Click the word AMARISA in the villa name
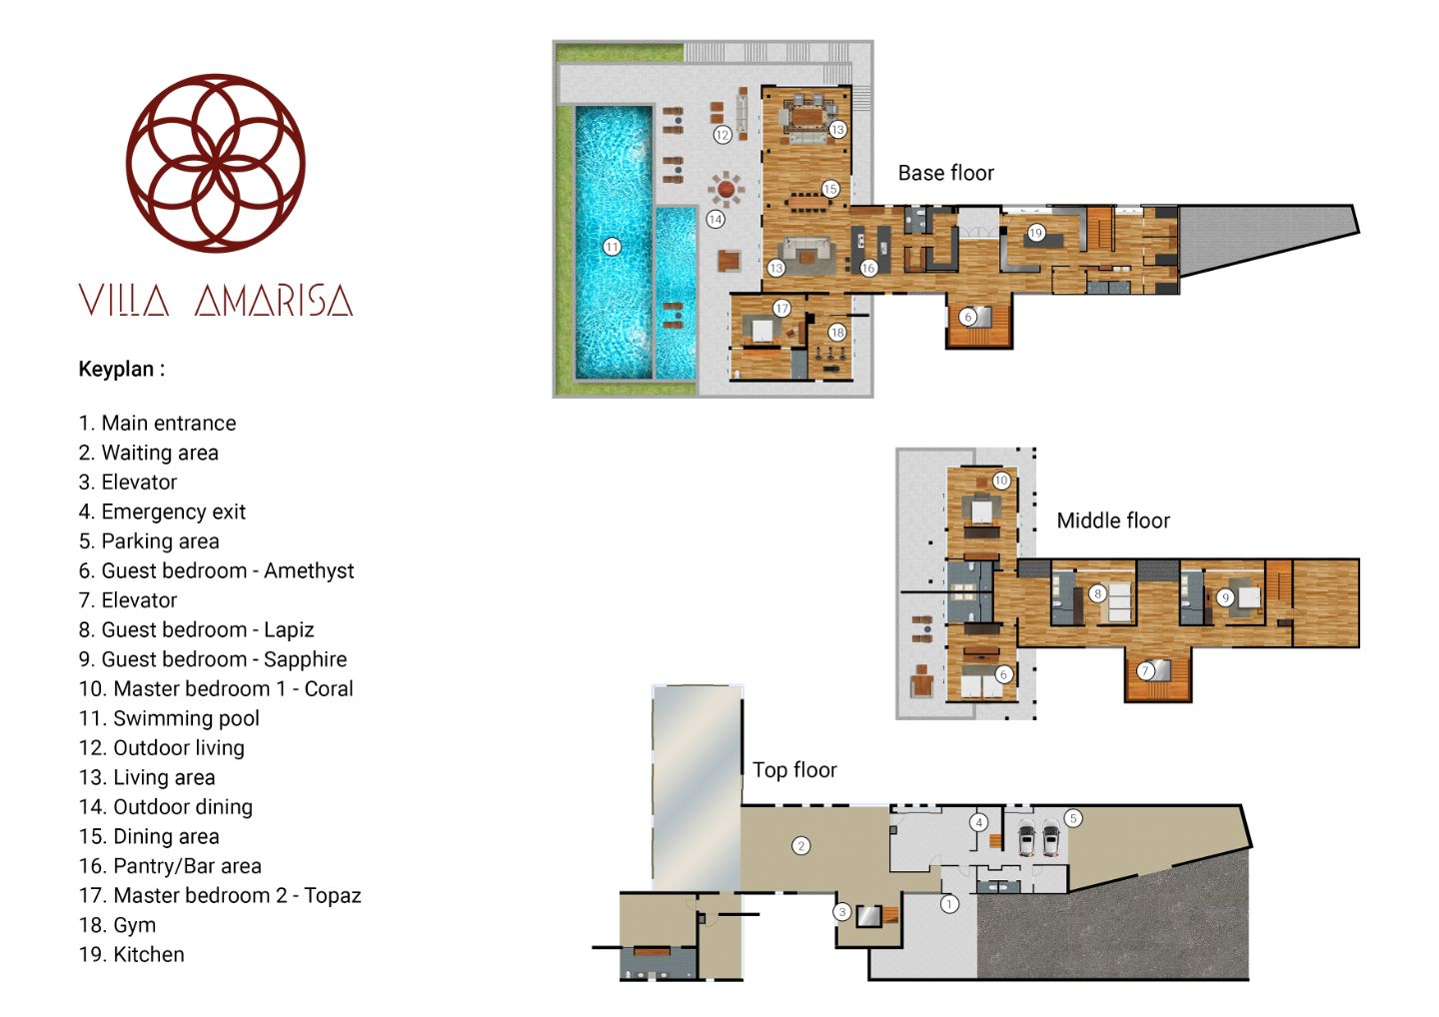274,301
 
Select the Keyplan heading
122,370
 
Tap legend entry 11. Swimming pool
169,718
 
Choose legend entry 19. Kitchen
131,954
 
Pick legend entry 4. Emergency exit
162,511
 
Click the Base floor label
945,173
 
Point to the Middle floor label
1113,520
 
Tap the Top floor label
794,769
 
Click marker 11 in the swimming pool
612,247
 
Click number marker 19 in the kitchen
1035,233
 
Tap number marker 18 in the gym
837,332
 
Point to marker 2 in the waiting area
801,845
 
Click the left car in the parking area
1026,838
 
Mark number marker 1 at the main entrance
949,904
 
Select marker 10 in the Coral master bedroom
1001,481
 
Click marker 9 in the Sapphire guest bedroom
1225,597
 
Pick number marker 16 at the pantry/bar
868,268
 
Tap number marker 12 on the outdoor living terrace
722,135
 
